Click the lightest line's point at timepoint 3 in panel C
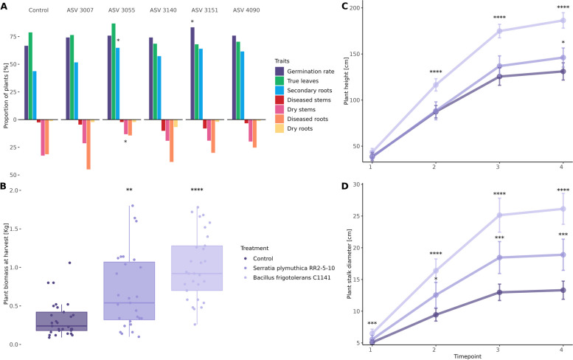click(x=499, y=30)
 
